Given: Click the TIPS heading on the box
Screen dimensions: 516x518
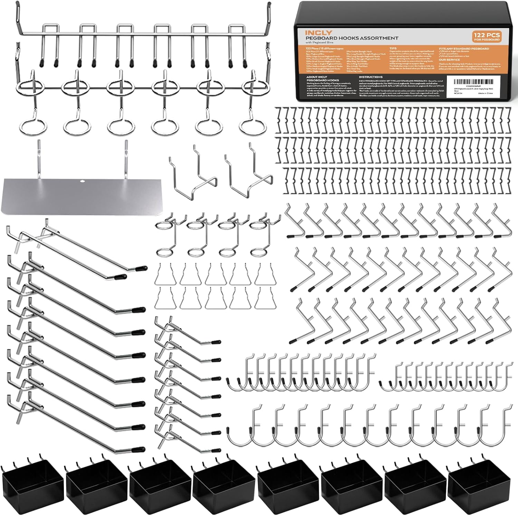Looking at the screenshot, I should [393, 49].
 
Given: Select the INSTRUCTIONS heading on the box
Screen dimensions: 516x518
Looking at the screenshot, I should [371, 77].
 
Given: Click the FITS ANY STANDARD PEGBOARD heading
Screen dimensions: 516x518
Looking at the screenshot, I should [464, 49].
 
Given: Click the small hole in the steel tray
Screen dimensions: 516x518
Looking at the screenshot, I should [83, 181].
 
